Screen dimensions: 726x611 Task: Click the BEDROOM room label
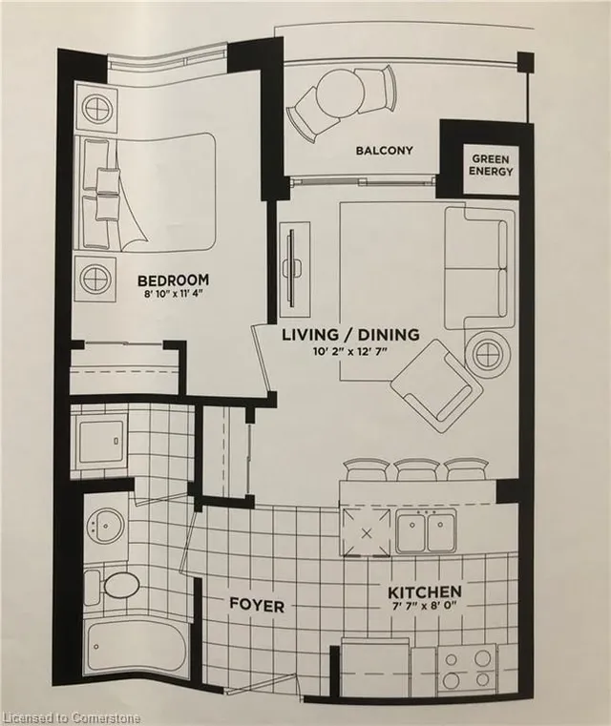click(x=173, y=280)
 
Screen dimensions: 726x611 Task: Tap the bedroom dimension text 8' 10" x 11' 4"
click(x=173, y=296)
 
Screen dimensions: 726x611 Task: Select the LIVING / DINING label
click(x=350, y=335)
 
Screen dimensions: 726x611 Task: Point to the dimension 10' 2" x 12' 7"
click(x=350, y=352)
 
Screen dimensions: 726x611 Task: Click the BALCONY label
click(x=384, y=151)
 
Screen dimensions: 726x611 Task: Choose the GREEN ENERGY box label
click(x=492, y=164)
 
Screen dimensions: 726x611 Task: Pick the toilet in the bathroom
click(x=115, y=585)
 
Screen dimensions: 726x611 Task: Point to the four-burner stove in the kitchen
click(x=469, y=666)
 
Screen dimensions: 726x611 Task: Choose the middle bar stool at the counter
click(x=416, y=468)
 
